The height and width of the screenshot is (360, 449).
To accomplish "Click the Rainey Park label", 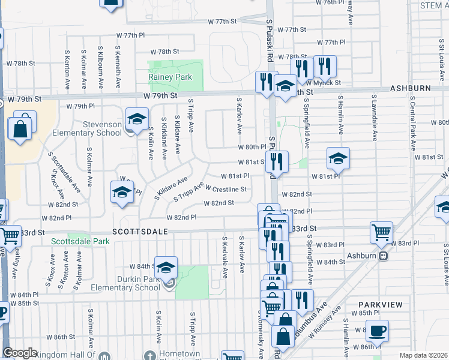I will tap(170, 77).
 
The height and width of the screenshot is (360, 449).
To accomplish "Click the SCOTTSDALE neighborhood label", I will tap(139, 231).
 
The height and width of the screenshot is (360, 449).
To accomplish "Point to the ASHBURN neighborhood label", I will tap(411, 88).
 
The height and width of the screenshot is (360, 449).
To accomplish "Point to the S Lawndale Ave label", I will tap(375, 114).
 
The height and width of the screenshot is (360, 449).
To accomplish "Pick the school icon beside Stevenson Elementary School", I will tap(137, 118).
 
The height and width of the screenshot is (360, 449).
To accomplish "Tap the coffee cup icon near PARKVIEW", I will tap(377, 331).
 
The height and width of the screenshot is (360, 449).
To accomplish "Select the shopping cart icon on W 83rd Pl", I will tap(382, 233).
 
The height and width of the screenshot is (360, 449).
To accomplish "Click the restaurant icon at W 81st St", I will tap(277, 160).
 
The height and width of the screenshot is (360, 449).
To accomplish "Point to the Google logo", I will tap(20, 353).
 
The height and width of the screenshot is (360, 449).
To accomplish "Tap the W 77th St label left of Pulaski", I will tap(223, 22).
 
